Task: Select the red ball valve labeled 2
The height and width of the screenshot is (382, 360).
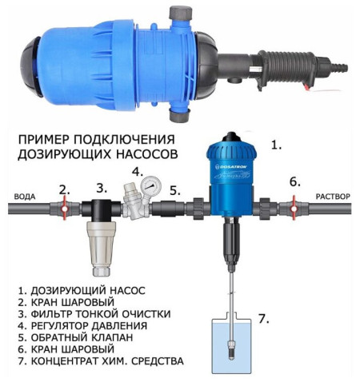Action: click(x=63, y=209)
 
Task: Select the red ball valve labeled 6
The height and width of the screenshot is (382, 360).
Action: click(x=294, y=209)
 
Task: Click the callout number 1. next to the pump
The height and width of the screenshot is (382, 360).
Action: click(x=277, y=146)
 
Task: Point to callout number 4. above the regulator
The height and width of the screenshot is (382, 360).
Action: click(x=138, y=171)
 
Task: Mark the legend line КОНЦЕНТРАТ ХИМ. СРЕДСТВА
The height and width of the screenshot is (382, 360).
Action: click(x=100, y=362)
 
